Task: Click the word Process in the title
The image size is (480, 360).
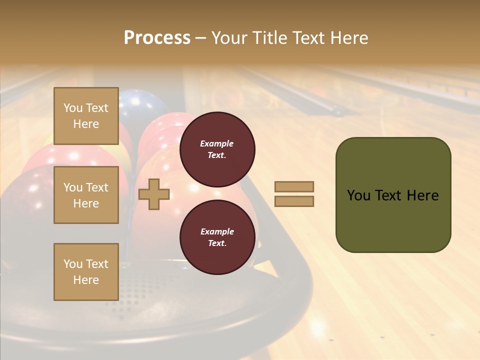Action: pos(157,38)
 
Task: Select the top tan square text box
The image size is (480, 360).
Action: pos(86,116)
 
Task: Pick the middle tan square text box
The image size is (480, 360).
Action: pos(86,195)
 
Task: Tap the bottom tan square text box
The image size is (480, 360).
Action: pos(86,271)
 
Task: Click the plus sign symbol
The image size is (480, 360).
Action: pos(154,194)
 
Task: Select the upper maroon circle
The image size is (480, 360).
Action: pos(217,149)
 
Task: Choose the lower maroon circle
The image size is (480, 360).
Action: pos(217,237)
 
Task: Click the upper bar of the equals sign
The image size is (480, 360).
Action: pos(294,187)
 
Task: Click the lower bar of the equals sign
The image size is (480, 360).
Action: pos(294,201)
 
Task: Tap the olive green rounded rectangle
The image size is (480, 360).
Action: pos(393,220)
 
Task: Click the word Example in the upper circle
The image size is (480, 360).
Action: pos(217,143)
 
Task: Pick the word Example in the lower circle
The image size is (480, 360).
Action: pos(217,231)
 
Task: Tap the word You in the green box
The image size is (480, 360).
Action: pos(358,195)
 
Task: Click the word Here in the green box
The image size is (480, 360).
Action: pos(423,195)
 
